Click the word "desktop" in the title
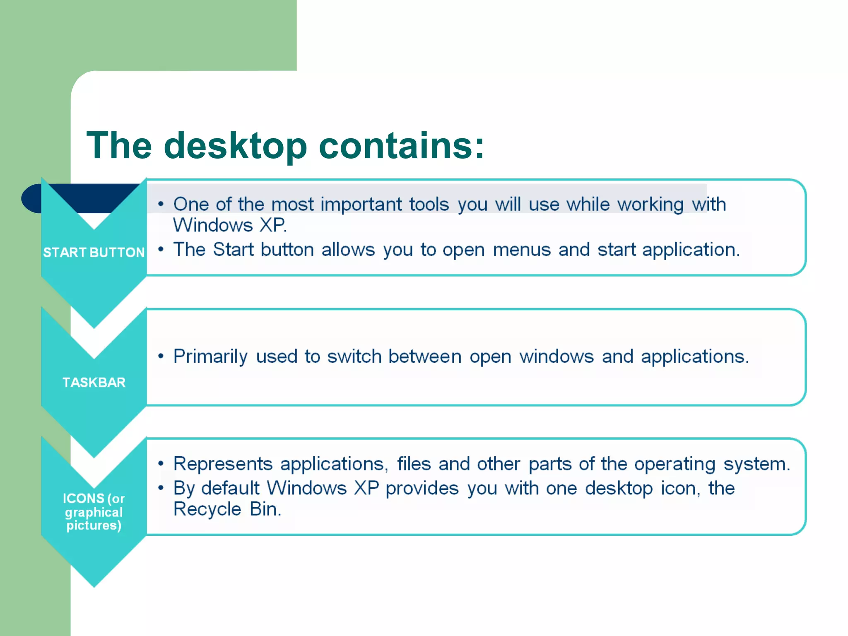pos(235,146)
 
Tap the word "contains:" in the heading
pos(401,146)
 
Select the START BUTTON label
pos(94,252)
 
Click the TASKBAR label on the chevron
pos(94,382)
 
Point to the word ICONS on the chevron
pos(83,498)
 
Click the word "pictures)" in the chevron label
pos(94,525)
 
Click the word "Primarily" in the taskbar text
pos(210,357)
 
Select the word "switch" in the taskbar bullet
pos(354,357)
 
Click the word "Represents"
pos(223,464)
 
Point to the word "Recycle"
pos(207,509)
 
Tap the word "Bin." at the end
pos(265,509)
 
